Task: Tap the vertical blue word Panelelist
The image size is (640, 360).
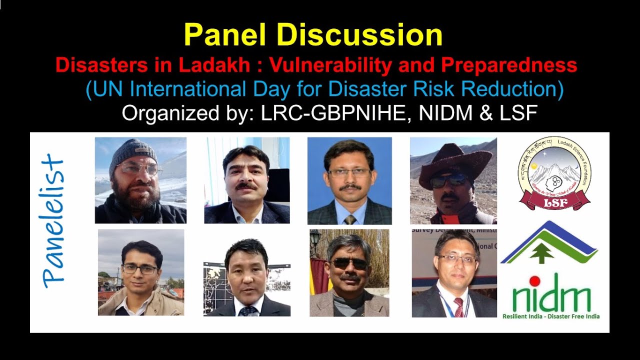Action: tap(54, 222)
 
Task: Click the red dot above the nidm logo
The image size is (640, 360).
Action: tap(534, 280)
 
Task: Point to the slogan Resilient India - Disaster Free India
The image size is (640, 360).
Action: tap(550, 316)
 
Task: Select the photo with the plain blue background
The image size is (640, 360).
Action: tap(349, 180)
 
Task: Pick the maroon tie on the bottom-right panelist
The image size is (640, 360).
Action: tap(458, 306)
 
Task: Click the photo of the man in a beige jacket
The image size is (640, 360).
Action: tap(141, 272)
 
